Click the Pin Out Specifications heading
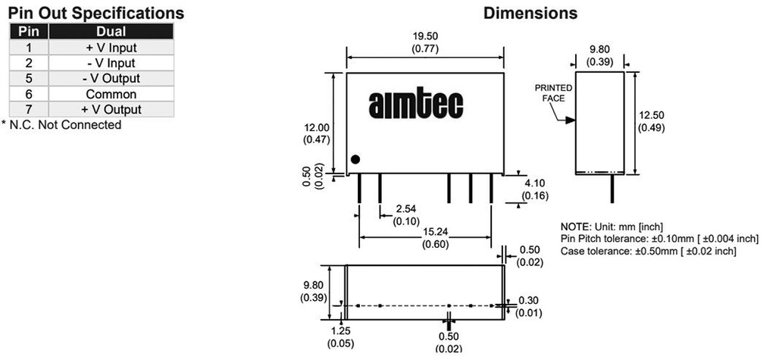pyautogui.click(x=96, y=13)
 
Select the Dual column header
pyautogui.click(x=111, y=32)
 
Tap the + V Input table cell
pyautogui.click(x=111, y=48)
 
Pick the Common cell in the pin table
pyautogui.click(x=111, y=94)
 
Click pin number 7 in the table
pyautogui.click(x=29, y=109)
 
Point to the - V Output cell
pyautogui.click(x=111, y=78)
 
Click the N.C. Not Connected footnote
pyautogui.click(x=61, y=125)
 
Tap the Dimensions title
pyautogui.click(x=530, y=13)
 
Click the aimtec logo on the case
pyautogui.click(x=416, y=105)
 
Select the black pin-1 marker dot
pyautogui.click(x=355, y=159)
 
